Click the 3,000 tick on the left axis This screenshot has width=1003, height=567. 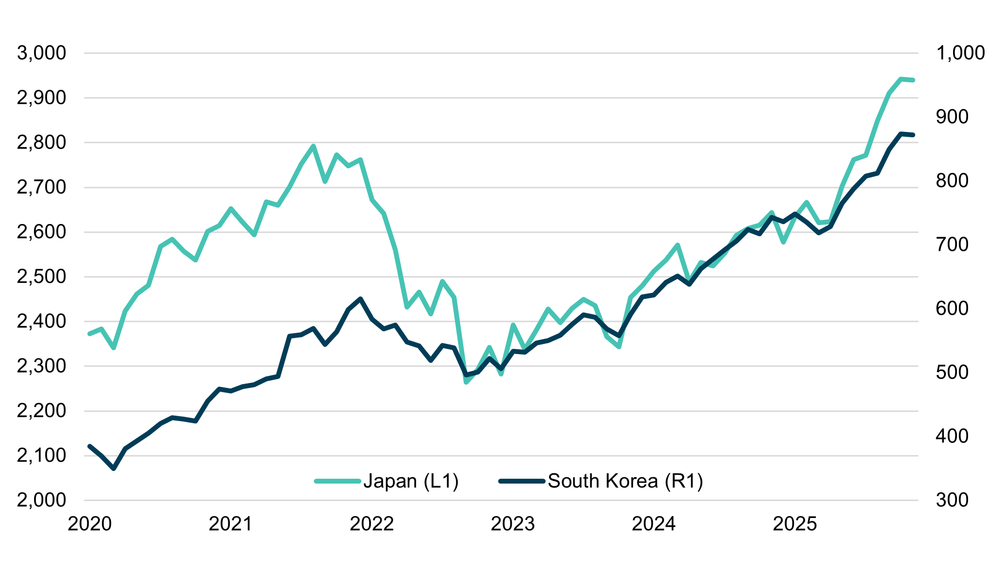pyautogui.click(x=41, y=53)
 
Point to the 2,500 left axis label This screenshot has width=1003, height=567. pyautogui.click(x=41, y=277)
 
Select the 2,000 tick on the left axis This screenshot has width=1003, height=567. pyautogui.click(x=41, y=501)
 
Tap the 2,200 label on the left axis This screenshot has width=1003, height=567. pyautogui.click(x=41, y=411)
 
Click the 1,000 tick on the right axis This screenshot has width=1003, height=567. pyautogui.click(x=960, y=53)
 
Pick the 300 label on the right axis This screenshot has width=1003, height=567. pyautogui.click(x=952, y=501)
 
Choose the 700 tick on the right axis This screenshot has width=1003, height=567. pyautogui.click(x=952, y=244)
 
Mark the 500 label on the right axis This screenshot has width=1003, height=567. pyautogui.click(x=952, y=373)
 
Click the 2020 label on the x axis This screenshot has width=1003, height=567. pyautogui.click(x=90, y=524)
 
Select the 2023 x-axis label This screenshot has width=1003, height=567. pyautogui.click(x=513, y=524)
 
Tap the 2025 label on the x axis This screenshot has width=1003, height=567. pyautogui.click(x=794, y=524)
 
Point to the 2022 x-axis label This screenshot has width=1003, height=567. pyautogui.click(x=372, y=524)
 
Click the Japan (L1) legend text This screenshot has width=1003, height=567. pyautogui.click(x=411, y=481)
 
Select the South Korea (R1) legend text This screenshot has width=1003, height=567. pyautogui.click(x=625, y=481)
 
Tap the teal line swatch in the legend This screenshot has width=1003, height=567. pyautogui.click(x=338, y=481)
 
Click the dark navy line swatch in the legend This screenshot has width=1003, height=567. pyautogui.click(x=522, y=481)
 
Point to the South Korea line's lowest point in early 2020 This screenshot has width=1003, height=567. pyautogui.click(x=113, y=469)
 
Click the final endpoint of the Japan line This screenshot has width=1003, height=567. pyautogui.click(x=913, y=80)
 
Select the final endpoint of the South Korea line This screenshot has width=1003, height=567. pyautogui.click(x=913, y=135)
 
